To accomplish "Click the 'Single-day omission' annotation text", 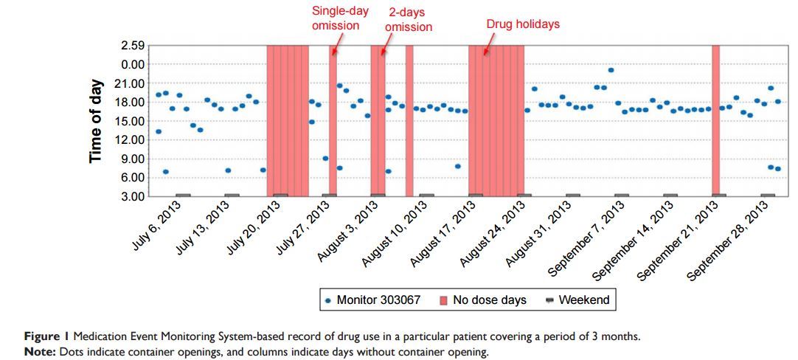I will [x=336, y=18].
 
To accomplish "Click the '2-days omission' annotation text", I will [x=408, y=20].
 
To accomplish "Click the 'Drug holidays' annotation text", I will [x=523, y=24].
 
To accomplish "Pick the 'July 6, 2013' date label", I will [x=156, y=226].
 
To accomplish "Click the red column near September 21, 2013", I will [x=715, y=120].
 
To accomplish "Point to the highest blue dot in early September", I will [x=611, y=70].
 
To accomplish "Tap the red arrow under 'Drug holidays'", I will [x=485, y=49].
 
